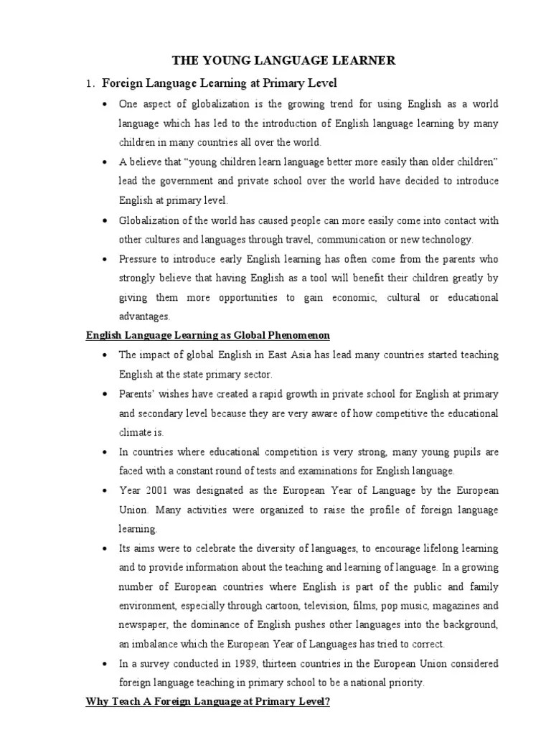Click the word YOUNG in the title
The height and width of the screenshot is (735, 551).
234,61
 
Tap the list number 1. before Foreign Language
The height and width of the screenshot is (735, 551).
89,84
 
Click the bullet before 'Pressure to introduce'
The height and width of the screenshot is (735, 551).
105,258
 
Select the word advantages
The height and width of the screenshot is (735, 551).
143,317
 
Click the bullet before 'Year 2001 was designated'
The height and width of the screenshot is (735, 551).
105,491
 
